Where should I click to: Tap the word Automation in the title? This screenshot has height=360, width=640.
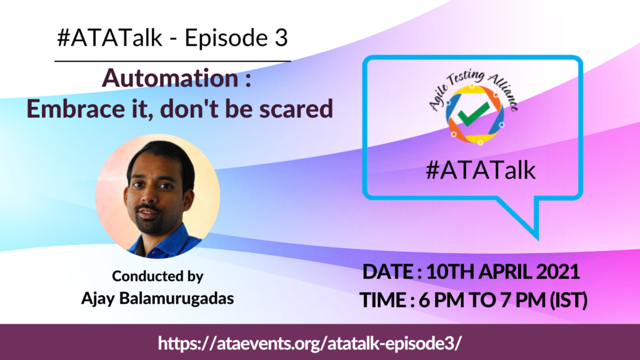170,77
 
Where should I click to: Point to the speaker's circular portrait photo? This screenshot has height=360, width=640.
157,196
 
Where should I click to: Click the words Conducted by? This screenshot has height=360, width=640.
157,276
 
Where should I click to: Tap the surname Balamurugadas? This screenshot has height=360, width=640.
176,298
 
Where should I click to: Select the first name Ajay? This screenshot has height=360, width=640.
98,299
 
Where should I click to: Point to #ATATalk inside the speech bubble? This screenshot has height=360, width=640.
481,170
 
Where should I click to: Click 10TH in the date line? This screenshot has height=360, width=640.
450,272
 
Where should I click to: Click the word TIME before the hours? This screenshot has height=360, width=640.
383,300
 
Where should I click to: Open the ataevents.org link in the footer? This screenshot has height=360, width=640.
310,343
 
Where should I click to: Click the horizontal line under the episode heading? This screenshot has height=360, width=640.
172,61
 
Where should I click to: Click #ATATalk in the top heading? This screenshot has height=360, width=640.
110,38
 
